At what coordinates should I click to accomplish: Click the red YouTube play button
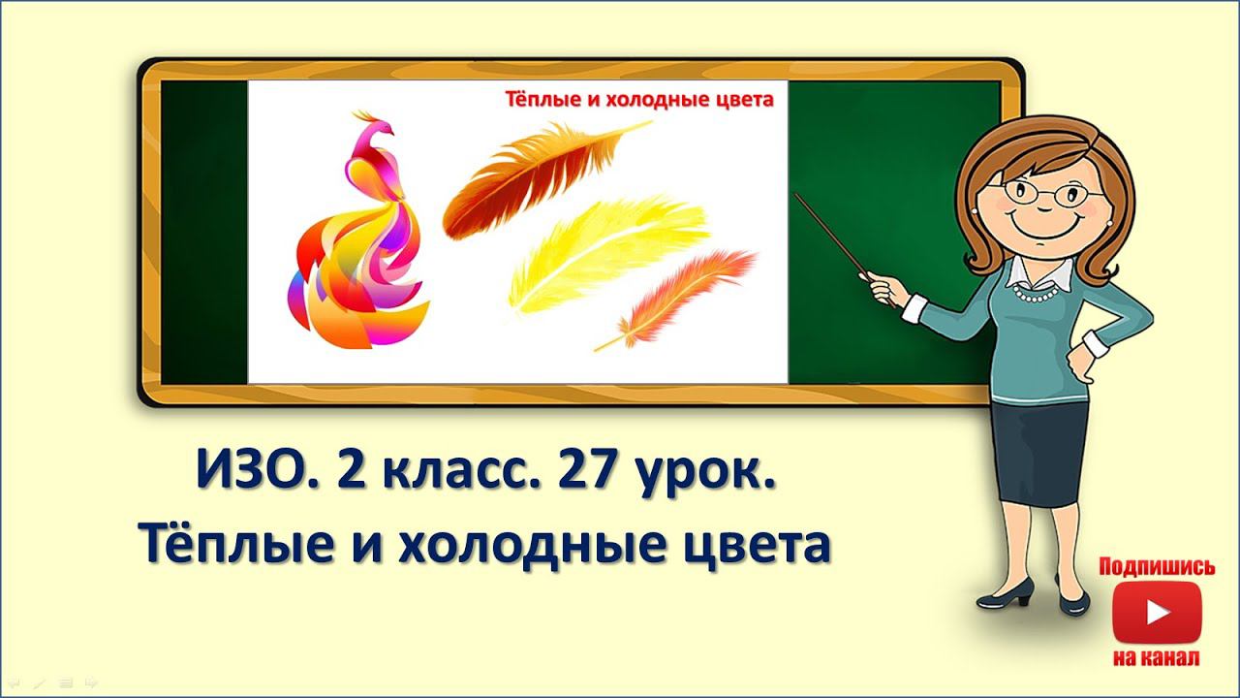pyautogui.click(x=1157, y=612)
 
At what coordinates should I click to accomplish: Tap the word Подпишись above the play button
pyautogui.click(x=1157, y=567)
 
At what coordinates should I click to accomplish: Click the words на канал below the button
pyautogui.click(x=1157, y=657)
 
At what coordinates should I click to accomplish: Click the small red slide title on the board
pyautogui.click(x=639, y=99)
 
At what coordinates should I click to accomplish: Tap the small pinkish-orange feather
pyautogui.click(x=683, y=296)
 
